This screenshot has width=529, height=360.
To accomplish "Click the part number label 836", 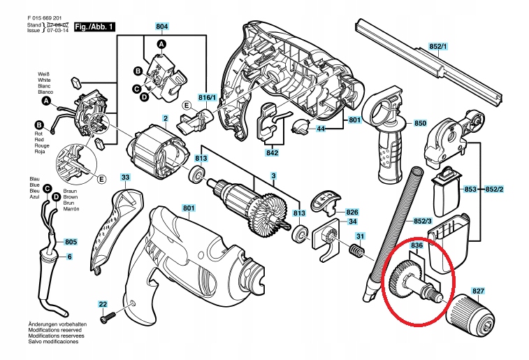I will pos(417,246).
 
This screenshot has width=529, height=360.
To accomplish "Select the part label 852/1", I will pos(438,46).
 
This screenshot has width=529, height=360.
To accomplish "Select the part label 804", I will pos(162,27).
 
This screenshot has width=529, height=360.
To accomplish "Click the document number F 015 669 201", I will pos(37,18).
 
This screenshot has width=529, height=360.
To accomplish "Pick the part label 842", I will pos(272,152).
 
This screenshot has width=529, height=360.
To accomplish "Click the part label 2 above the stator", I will pos(165,118).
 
